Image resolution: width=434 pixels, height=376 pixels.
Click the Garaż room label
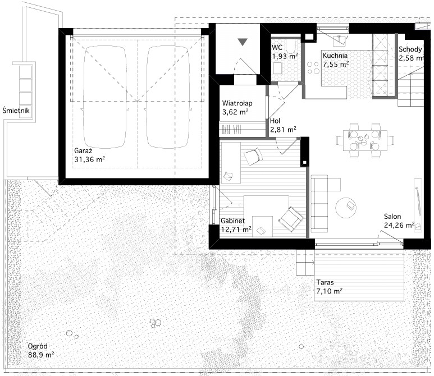[x=83, y=151]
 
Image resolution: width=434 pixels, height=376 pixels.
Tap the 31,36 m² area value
[x=90, y=159]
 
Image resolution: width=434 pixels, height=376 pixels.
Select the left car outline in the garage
[x=105, y=97]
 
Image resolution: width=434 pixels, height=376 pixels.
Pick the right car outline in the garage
[x=168, y=97]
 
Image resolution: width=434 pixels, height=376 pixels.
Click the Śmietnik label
[x=16, y=111]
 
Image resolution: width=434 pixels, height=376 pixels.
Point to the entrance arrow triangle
[x=243, y=42]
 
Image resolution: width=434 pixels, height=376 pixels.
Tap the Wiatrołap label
[x=237, y=103]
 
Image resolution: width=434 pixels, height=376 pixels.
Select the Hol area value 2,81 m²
[x=283, y=129]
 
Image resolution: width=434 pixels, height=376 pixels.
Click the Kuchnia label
[x=335, y=56]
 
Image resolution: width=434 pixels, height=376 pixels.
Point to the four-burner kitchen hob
[x=313, y=68]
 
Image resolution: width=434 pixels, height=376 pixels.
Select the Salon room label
[x=392, y=217]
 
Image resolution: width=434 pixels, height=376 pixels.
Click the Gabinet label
[x=233, y=221]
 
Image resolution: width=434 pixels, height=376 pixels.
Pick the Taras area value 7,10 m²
[x=330, y=291]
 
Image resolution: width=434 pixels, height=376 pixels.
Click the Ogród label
[x=38, y=346]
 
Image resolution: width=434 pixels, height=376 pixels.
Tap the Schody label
[x=410, y=49]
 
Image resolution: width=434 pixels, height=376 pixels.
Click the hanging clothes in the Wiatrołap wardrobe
[x=231, y=129]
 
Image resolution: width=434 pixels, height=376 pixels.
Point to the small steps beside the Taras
[x=305, y=262]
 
